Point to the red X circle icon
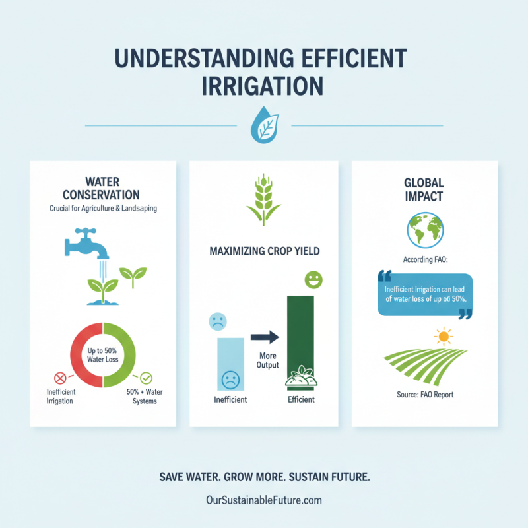60,378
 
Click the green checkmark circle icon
146,378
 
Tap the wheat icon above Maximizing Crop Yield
263,199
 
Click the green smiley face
313,280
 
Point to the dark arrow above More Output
265,337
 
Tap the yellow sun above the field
443,336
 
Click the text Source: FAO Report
425,395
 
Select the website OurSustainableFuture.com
264,500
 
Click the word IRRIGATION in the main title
264,85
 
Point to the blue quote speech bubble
425,294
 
